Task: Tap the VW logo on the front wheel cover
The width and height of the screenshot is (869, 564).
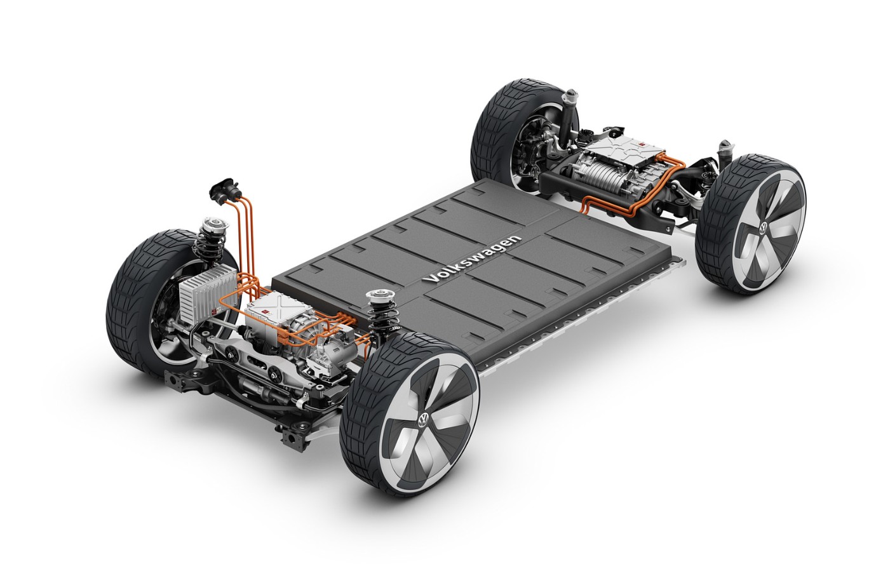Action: point(424,419)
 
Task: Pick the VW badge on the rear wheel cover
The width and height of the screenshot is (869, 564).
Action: point(763,227)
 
